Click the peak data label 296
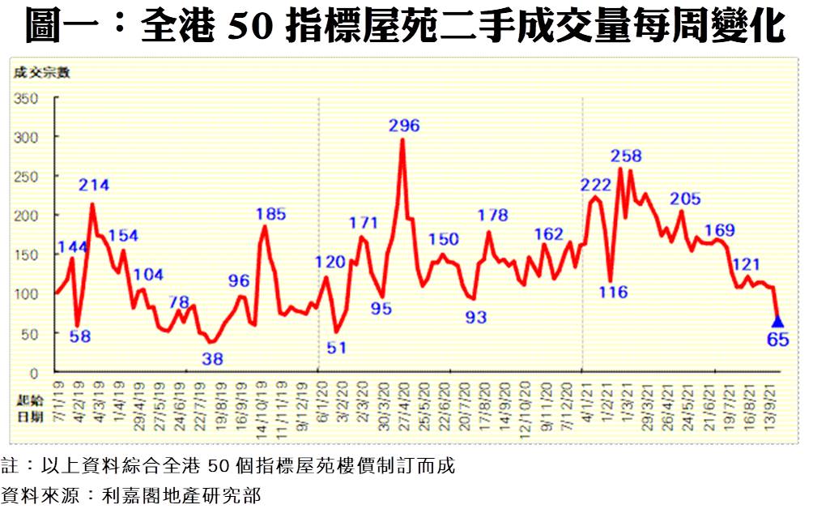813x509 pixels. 403,126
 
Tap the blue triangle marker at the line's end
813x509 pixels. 777,322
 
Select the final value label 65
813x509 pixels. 777,340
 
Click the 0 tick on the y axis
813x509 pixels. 34,372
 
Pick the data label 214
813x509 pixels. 94,185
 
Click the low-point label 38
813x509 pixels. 212,357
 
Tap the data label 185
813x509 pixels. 270,215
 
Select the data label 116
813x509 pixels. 613,293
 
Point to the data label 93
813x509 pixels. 475,318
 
